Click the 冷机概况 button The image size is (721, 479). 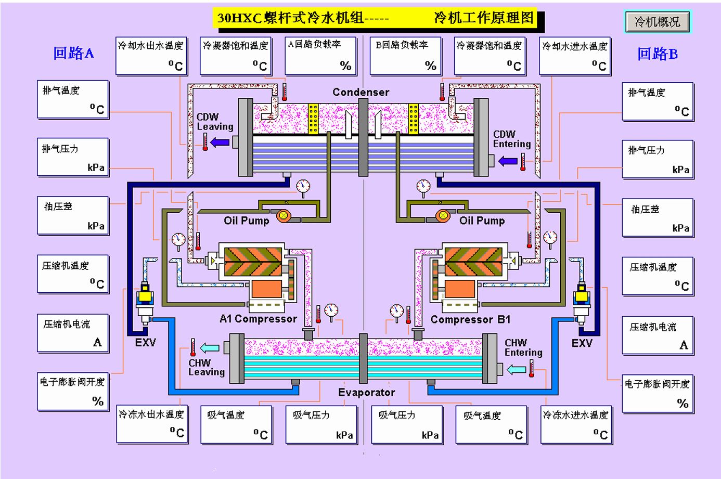(x=657, y=22)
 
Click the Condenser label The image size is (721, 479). (x=360, y=92)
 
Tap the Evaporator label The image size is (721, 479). (x=366, y=392)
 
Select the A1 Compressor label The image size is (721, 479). (x=258, y=319)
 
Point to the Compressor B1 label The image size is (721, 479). (x=470, y=319)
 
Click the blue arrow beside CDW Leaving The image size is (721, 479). (x=220, y=141)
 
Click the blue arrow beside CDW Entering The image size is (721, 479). (x=508, y=161)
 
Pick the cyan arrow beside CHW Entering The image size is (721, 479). (x=517, y=369)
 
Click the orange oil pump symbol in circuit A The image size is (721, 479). (x=284, y=216)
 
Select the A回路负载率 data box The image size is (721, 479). (x=320, y=56)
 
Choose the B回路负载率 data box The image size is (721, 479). (x=405, y=56)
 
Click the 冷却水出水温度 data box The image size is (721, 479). (x=151, y=56)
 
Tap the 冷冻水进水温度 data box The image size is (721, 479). (x=575, y=424)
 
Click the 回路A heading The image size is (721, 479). (x=73, y=53)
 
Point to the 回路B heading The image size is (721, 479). (x=658, y=54)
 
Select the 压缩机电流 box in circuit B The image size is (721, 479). (x=658, y=336)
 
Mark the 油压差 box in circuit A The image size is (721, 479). (x=73, y=216)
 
